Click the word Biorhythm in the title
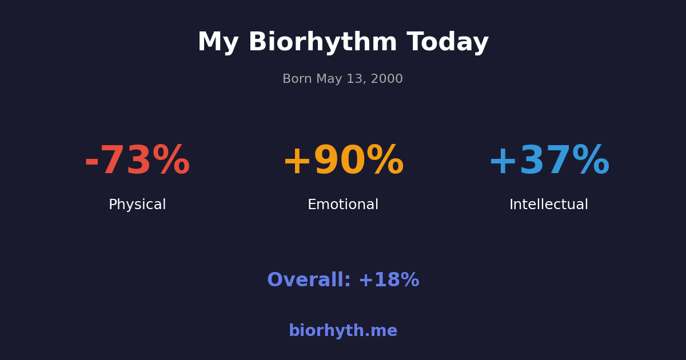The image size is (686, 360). click(x=322, y=43)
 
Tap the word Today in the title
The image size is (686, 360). click(x=448, y=43)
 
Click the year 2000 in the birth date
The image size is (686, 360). click(x=388, y=79)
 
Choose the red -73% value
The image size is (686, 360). click(x=137, y=162)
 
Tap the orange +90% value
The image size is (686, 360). click(x=343, y=162)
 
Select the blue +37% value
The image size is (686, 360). click(x=549, y=162)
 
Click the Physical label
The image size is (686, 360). click(x=137, y=205)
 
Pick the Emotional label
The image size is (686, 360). click(x=343, y=205)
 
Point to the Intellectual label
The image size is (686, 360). click(x=549, y=205)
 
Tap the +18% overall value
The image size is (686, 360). click(x=389, y=281)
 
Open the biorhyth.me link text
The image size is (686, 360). click(x=343, y=331)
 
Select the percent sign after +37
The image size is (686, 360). click(x=591, y=161)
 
